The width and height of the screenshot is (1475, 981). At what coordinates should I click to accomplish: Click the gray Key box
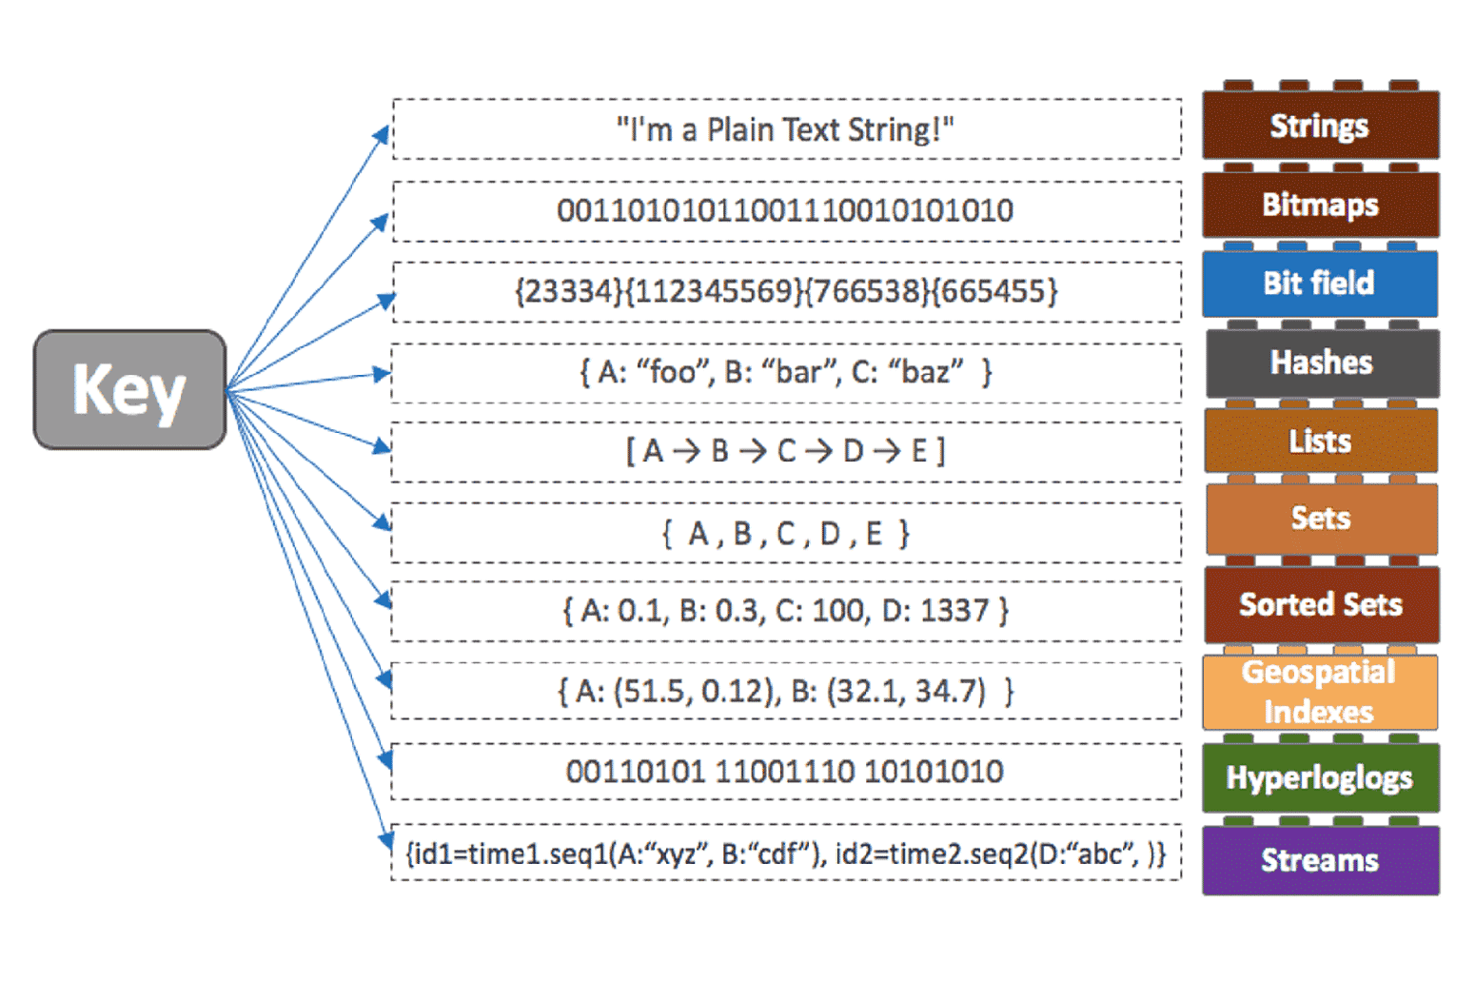(x=129, y=389)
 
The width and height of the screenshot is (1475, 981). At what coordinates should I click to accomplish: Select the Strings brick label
(x=1319, y=126)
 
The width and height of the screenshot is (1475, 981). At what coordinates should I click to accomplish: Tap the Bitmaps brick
(x=1320, y=205)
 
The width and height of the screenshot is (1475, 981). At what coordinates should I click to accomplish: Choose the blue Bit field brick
(x=1319, y=284)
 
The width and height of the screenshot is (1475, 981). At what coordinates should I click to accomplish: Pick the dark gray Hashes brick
(x=1321, y=363)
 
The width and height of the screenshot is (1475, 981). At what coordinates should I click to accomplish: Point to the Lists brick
(x=1320, y=441)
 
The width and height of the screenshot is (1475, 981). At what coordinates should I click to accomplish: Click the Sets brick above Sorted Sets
(x=1321, y=519)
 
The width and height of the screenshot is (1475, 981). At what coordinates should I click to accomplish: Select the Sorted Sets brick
(x=1321, y=605)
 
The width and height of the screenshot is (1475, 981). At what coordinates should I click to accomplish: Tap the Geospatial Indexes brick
(x=1319, y=693)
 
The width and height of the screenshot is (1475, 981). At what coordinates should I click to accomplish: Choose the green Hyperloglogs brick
(x=1320, y=778)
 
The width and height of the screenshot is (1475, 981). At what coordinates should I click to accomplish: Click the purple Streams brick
(x=1320, y=860)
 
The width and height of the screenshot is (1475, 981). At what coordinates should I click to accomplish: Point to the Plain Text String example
(x=785, y=129)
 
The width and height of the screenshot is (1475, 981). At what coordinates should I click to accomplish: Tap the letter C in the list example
(x=786, y=451)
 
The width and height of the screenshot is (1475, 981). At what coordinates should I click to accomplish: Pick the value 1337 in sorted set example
(x=958, y=610)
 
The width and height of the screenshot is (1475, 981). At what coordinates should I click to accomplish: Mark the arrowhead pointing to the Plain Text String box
(x=383, y=134)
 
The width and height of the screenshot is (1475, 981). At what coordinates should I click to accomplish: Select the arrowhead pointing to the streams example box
(x=386, y=839)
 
